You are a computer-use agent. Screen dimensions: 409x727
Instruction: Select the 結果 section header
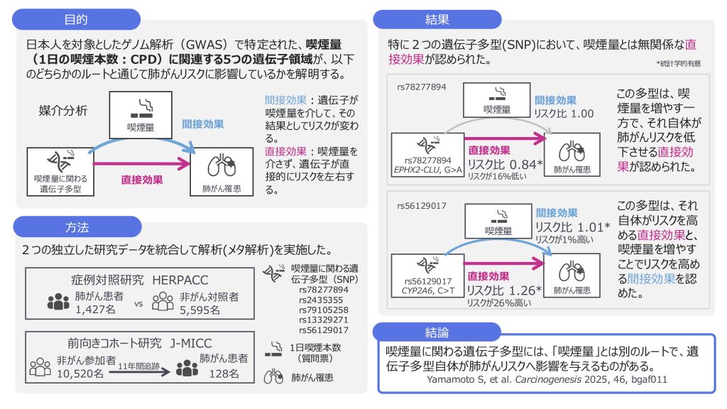437,20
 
